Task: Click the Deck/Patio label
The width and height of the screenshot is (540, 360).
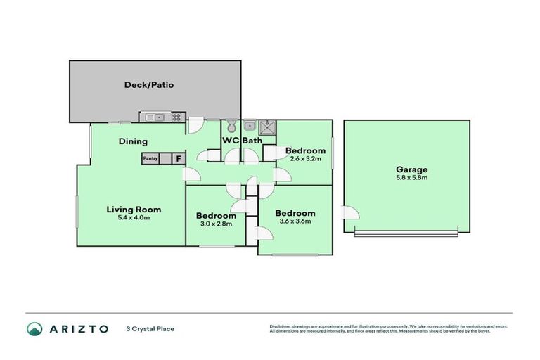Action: tap(148, 85)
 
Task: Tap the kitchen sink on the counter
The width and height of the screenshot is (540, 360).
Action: tap(154, 117)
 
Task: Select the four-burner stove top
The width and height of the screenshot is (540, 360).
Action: tap(176, 117)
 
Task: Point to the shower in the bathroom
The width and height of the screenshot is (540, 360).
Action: tap(267, 127)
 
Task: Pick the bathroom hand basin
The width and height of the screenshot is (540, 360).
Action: tap(249, 127)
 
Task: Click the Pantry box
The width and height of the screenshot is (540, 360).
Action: tap(150, 159)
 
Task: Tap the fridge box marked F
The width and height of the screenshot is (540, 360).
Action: tap(178, 159)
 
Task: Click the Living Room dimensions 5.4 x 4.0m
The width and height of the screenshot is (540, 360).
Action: tap(134, 218)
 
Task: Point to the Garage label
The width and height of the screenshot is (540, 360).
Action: tap(412, 169)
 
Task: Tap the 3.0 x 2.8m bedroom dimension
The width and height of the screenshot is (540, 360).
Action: tap(215, 224)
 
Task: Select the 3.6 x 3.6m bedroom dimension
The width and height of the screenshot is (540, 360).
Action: tap(295, 221)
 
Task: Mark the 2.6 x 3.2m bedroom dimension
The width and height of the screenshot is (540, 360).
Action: tap(305, 159)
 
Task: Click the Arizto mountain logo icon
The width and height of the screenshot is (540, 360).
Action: tap(34, 328)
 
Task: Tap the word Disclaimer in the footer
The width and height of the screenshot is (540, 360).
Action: tap(282, 326)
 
